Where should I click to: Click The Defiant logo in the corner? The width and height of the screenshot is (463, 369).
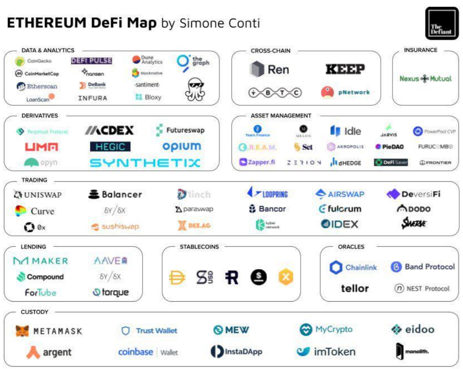pos(441,24)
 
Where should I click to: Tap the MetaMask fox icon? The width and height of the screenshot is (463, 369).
pos(22,331)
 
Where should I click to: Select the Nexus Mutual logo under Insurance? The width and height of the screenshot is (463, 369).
pos(425,78)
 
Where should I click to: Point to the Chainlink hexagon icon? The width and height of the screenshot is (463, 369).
pos(336,268)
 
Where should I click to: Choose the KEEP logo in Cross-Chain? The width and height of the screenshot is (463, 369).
pos(345,70)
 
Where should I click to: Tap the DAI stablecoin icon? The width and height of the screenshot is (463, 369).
pos(177,277)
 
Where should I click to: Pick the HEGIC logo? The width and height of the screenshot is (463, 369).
pos(110,147)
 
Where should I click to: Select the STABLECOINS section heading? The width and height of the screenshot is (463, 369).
pos(199,247)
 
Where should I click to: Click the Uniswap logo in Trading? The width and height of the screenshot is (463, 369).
pos(38,195)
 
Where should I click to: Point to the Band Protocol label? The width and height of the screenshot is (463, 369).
pos(429,267)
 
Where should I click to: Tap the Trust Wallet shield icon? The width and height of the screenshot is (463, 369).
pos(126,331)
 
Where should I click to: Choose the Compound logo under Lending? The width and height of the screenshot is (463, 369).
pos(40,277)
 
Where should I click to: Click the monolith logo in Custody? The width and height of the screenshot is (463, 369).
pos(412,351)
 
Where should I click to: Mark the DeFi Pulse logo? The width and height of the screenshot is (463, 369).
pos(91,61)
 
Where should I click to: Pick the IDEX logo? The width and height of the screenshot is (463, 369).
pos(340,224)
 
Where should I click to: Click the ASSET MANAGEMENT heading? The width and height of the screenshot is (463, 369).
pos(281,116)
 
